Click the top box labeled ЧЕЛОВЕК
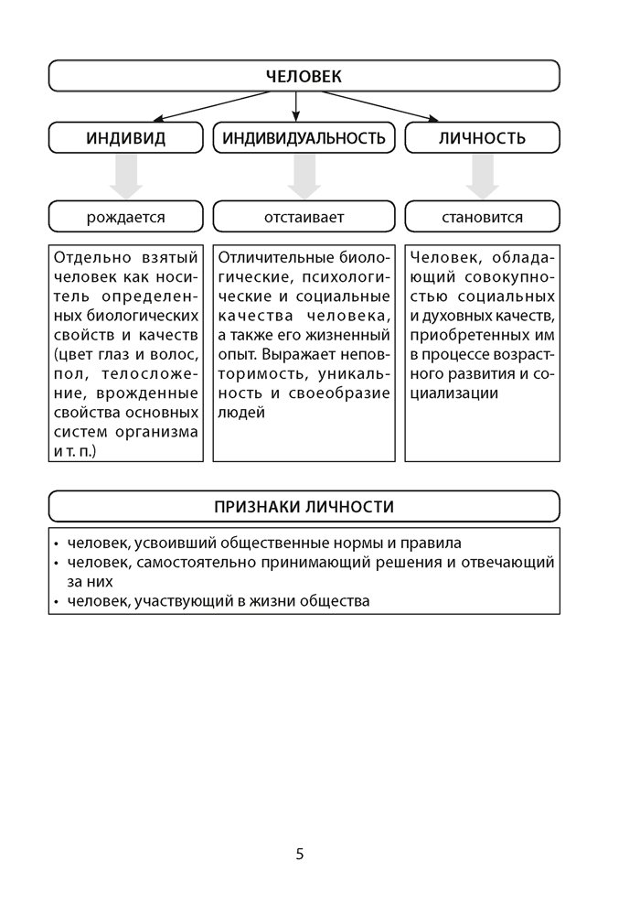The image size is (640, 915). [304, 76]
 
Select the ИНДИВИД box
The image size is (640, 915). [126, 138]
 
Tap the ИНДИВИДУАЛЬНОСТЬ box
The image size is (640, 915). [304, 138]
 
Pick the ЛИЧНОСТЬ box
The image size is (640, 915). [482, 138]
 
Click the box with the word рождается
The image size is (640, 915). [126, 218]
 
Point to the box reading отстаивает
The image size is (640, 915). [304, 218]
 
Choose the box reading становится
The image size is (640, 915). [482, 218]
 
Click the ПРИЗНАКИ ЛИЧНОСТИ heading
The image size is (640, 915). [304, 506]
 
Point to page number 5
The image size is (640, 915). [300, 855]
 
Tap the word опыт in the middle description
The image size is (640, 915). [234, 352]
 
